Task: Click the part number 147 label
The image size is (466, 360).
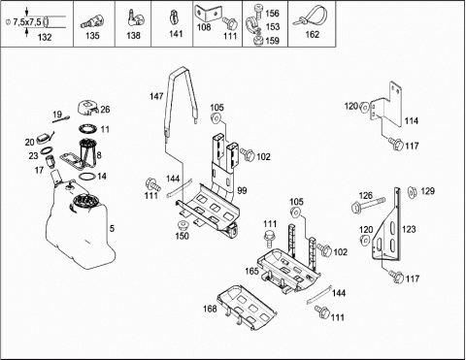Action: point(156,96)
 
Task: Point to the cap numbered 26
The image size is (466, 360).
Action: point(87,108)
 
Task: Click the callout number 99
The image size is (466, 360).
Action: point(242,191)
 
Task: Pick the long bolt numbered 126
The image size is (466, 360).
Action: point(368,204)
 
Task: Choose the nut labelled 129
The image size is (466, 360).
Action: point(413,192)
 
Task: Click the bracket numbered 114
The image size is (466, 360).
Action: point(387,104)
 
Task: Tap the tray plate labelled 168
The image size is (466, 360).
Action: point(248,308)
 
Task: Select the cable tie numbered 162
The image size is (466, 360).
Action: point(311,17)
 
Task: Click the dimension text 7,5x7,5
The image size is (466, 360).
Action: point(27,22)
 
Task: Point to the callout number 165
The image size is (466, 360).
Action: point(251,271)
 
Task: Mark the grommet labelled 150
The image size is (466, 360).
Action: point(183,225)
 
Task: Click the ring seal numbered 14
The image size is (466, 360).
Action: point(87,177)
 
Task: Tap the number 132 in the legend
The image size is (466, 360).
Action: point(45,37)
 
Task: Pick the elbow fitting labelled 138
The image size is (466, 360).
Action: point(134,18)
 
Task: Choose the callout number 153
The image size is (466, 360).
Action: point(273,26)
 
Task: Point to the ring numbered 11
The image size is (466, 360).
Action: point(87,129)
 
